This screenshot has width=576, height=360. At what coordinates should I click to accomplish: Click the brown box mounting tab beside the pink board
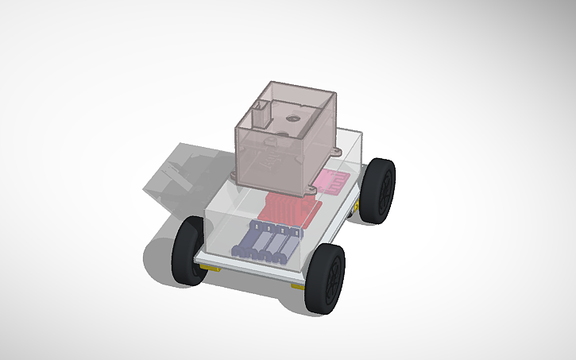point(307,188)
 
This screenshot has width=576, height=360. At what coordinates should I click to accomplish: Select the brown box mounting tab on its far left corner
point(234,172)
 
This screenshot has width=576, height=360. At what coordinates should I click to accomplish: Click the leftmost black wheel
point(189,250)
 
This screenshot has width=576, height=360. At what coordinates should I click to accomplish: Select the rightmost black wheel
point(381,190)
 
